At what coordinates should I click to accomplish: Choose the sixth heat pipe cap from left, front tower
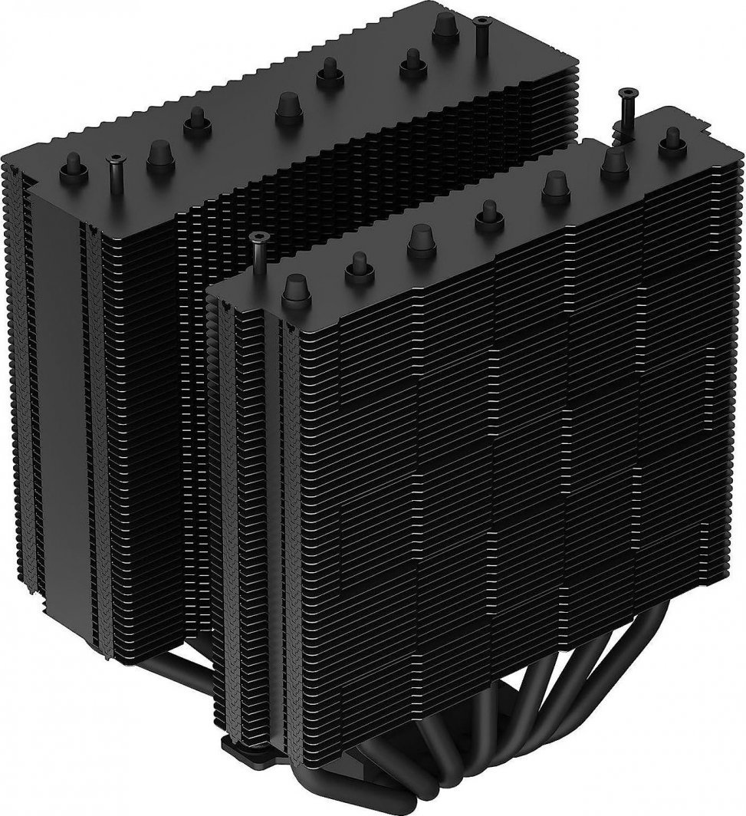614,160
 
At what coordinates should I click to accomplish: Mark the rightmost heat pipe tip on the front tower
672,137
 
